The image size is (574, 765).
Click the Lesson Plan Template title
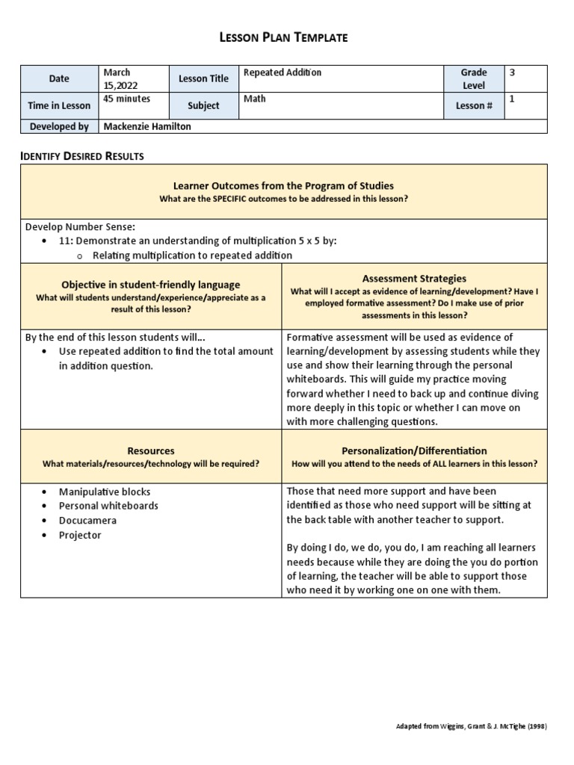click(287, 37)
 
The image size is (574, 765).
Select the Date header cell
click(59, 78)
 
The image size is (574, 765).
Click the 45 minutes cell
click(126, 99)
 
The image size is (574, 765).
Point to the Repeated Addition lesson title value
click(283, 72)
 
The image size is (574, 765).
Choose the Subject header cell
click(203, 105)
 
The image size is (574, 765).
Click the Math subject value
click(254, 99)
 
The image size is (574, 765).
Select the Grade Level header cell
click(473, 78)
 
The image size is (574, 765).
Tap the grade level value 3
click(512, 72)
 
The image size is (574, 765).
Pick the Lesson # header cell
click(473, 105)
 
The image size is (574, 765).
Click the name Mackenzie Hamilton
click(147, 126)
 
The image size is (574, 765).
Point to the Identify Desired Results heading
click(81, 156)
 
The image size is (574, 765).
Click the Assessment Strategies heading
click(414, 278)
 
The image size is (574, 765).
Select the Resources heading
click(151, 450)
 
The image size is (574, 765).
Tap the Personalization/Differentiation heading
click(414, 450)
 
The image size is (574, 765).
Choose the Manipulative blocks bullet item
click(105, 492)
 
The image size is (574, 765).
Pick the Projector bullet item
click(80, 535)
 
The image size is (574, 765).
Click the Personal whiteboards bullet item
click(108, 506)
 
